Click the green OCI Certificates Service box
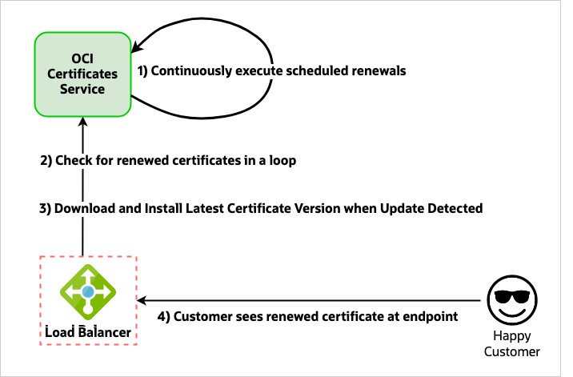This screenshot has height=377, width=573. tap(82, 74)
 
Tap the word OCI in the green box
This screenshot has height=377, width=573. tap(82, 58)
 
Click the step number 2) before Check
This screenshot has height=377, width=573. tap(46, 160)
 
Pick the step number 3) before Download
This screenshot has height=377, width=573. tap(46, 208)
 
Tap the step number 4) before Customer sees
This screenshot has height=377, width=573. tap(164, 316)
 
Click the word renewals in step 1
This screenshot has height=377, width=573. tap(381, 71)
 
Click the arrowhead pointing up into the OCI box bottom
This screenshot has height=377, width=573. tap(82, 120)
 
